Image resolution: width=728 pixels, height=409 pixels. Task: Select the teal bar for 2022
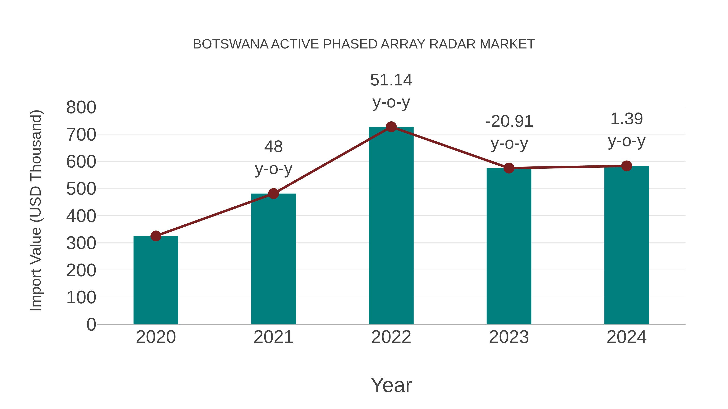(391, 226)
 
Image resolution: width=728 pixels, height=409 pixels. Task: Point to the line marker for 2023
(509, 168)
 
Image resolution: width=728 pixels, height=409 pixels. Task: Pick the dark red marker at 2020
(156, 236)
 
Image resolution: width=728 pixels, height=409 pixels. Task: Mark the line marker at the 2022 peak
(391, 127)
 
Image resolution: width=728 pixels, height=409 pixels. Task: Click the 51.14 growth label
(391, 80)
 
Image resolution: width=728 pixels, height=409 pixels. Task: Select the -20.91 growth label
(509, 121)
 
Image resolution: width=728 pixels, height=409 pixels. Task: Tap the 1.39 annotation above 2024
(626, 119)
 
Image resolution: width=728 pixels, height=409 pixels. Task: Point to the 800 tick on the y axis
(81, 107)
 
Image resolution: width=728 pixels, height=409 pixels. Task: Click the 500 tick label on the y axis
(81, 189)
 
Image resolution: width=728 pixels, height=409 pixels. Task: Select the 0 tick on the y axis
(91, 324)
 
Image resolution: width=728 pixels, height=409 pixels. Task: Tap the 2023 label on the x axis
(509, 337)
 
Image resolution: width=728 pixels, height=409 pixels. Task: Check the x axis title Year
(391, 385)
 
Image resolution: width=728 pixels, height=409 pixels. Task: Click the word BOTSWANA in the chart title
(231, 44)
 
